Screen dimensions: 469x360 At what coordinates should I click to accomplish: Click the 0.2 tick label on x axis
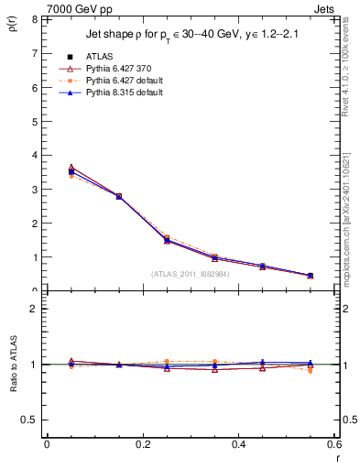click(x=142, y=444)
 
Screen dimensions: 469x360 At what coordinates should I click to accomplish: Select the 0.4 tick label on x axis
click(x=238, y=444)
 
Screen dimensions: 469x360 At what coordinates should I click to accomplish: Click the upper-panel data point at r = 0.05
click(x=71, y=171)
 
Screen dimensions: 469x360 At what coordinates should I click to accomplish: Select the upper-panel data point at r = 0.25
click(x=167, y=240)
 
